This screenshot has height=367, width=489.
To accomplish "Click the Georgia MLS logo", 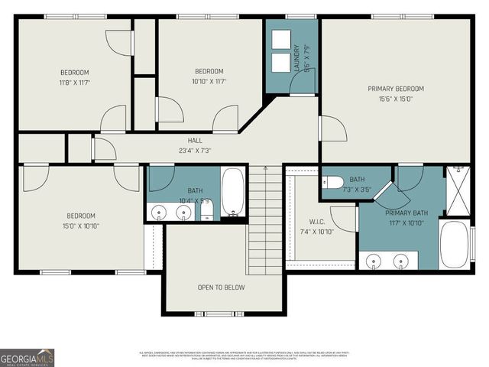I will [27, 357].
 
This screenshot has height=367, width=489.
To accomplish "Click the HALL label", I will [195, 141].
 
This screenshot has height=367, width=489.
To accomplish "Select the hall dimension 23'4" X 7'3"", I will [195, 151].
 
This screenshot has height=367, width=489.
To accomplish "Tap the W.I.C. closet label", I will [318, 222].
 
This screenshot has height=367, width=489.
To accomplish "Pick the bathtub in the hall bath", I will [233, 193].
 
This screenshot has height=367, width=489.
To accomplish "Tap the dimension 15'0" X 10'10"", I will [80, 226].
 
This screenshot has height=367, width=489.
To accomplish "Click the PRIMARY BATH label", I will [406, 213].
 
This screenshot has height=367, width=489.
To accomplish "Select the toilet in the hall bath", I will [206, 209].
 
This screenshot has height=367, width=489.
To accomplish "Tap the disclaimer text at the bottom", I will [244, 356].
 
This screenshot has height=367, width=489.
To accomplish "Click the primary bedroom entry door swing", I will [332, 128].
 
